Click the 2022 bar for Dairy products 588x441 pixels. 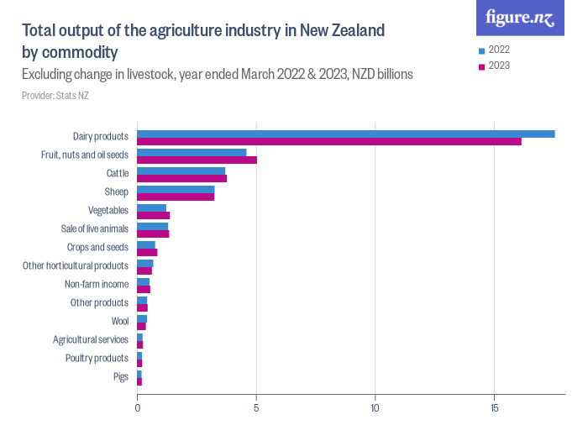tap(345, 134)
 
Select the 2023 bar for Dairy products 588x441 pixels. tap(328, 141)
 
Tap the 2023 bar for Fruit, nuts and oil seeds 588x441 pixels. tap(197, 160)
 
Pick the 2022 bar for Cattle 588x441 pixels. tap(181, 171)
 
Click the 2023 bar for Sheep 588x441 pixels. tap(176, 197)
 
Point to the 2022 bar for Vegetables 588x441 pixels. tap(151, 207)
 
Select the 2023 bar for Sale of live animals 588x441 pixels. tap(153, 234)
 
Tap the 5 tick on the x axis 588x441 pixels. tap(256, 409)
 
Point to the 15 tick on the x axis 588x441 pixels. tap(495, 409)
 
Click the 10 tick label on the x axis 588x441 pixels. tap(375, 409)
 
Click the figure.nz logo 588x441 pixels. tap(519, 18)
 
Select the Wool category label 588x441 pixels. tap(119, 321)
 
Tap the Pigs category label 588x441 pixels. tap(120, 376)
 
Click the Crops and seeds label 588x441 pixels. tap(97, 247)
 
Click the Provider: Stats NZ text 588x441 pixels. tap(55, 96)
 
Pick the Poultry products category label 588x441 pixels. tap(97, 358)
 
